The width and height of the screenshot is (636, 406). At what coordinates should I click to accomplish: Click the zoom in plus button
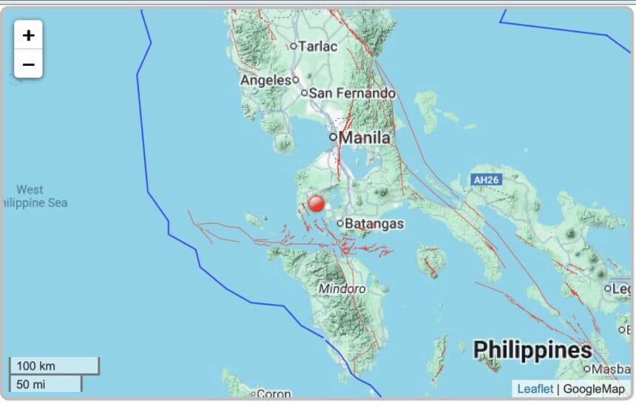pyautogui.click(x=28, y=35)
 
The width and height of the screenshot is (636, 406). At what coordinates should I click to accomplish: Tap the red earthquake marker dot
pyautogui.click(x=317, y=203)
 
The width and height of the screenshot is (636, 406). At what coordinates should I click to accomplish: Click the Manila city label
pyautogui.click(x=365, y=137)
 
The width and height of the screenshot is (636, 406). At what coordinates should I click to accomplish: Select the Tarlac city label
pyautogui.click(x=317, y=46)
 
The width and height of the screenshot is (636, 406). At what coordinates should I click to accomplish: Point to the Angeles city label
pyautogui.click(x=265, y=80)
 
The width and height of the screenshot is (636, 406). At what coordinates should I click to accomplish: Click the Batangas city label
pyautogui.click(x=376, y=223)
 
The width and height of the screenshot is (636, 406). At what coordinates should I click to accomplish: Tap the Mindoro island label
pyautogui.click(x=342, y=288)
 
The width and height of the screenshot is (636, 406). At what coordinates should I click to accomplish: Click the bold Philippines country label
pyautogui.click(x=532, y=350)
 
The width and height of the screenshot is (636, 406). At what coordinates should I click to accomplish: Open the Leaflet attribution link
pyautogui.click(x=535, y=389)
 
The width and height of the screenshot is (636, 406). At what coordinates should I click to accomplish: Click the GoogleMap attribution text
pyautogui.click(x=594, y=389)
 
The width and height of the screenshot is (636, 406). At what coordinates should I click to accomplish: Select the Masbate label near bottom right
pyautogui.click(x=611, y=368)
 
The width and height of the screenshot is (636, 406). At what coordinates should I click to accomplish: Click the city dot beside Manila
pyautogui.click(x=333, y=137)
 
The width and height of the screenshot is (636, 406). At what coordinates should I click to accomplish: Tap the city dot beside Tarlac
pyautogui.click(x=293, y=46)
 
